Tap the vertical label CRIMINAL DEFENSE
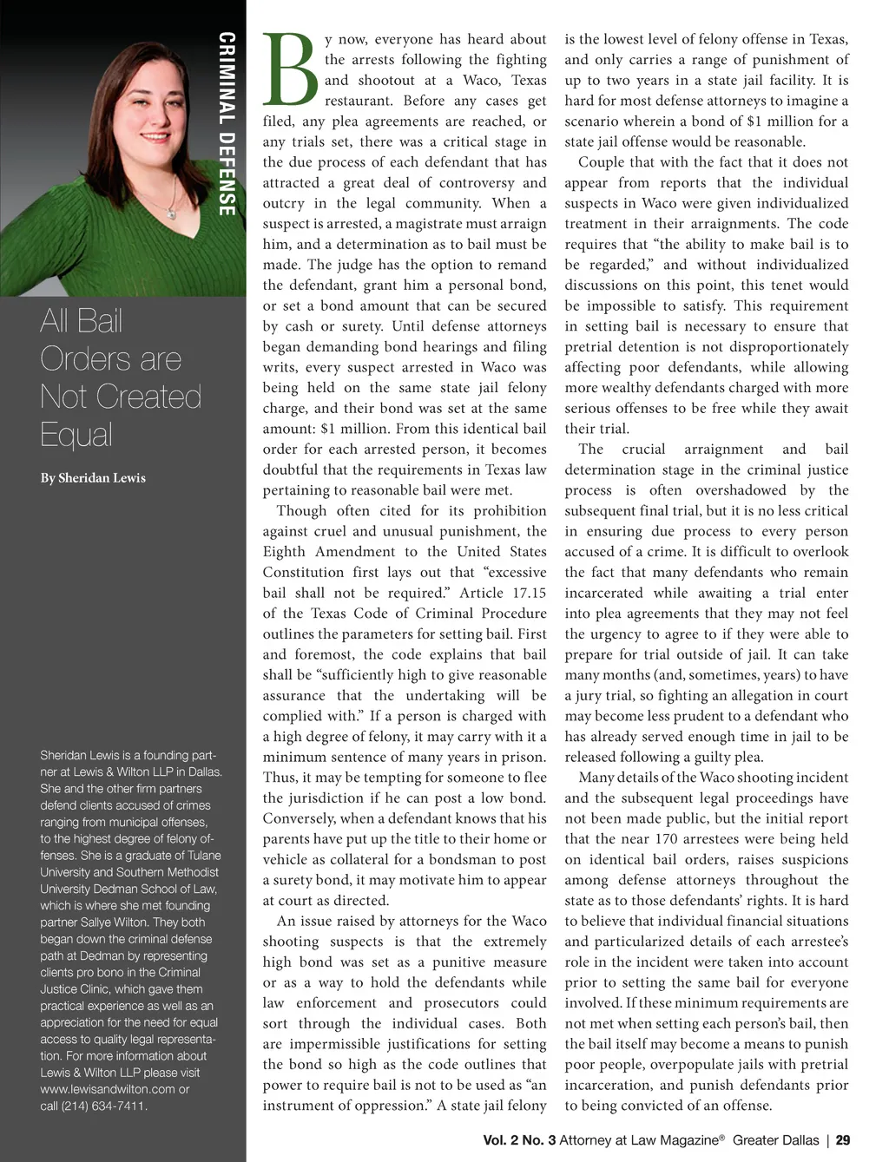(x=227, y=123)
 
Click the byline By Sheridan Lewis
(x=93, y=478)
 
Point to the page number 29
(x=842, y=1140)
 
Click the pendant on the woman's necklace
(x=172, y=213)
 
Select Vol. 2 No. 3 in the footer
(x=519, y=1140)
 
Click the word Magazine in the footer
(x=688, y=1140)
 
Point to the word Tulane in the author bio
(x=204, y=856)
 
